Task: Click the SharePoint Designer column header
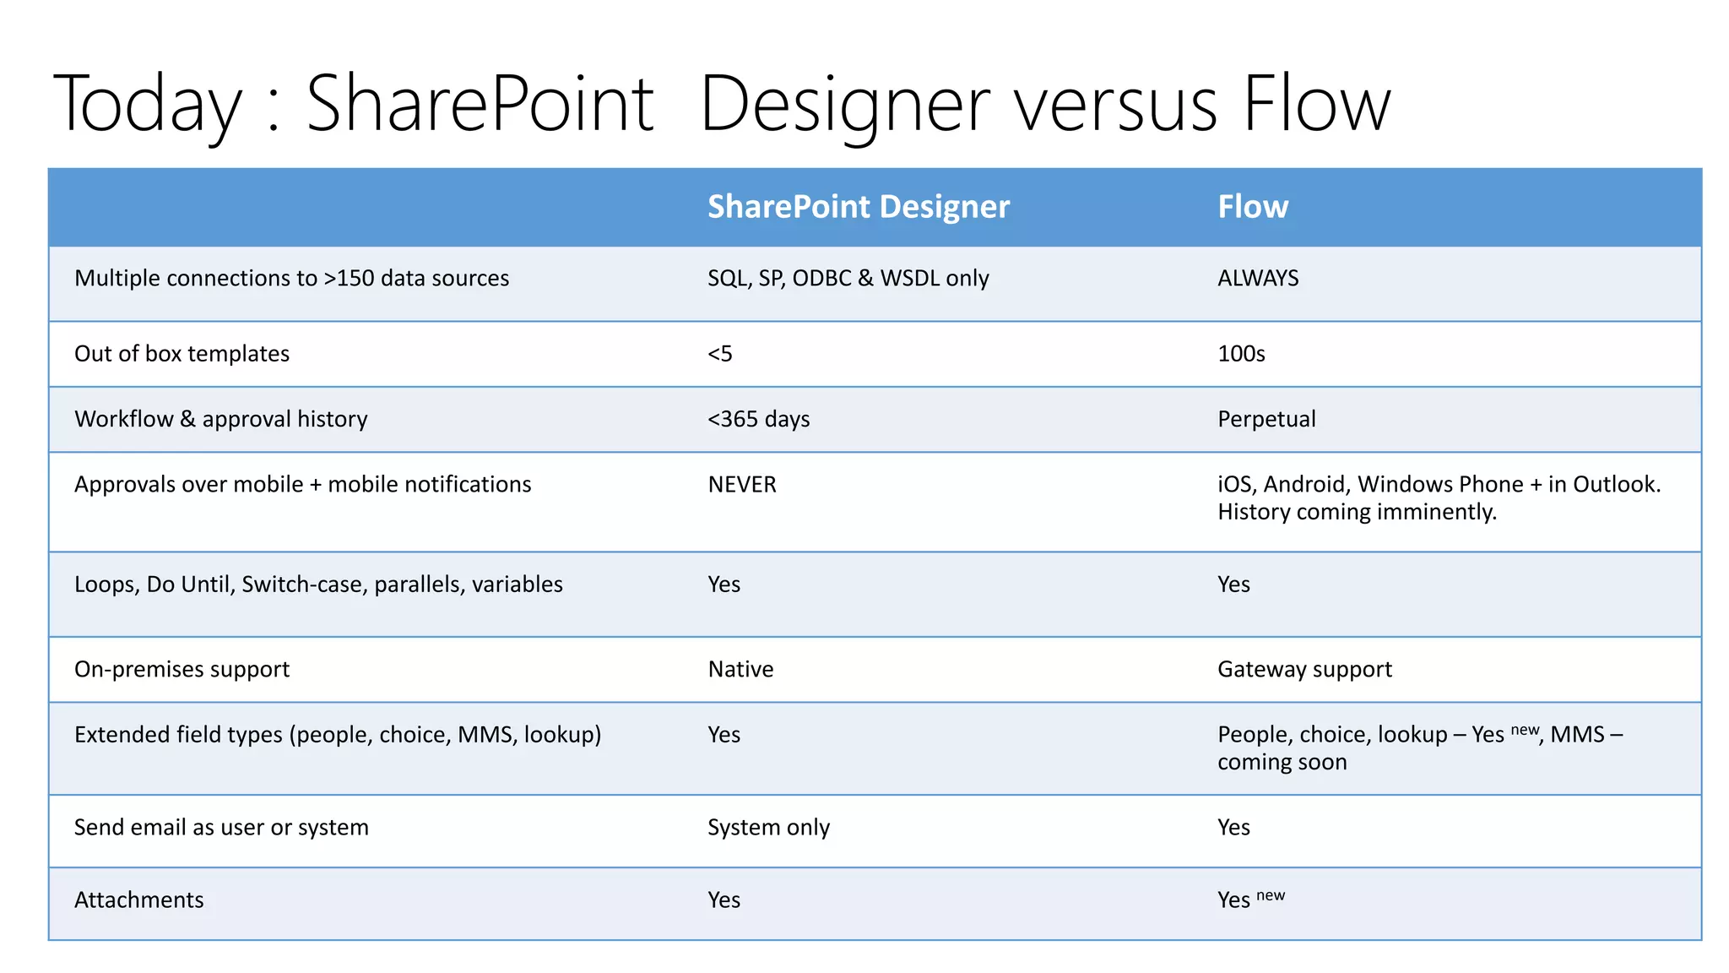858,207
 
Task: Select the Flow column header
1252,207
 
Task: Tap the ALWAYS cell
1257,279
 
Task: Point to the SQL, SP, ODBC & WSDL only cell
848,279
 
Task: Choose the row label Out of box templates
182,354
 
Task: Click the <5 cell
719,354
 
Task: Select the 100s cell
1240,354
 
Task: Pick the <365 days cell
758,420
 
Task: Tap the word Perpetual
1266,420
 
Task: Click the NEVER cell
741,485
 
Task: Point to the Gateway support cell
1304,670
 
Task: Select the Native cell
740,670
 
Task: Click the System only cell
768,828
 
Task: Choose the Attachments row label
139,900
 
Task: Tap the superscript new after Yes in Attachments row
1270,895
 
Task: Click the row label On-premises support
182,670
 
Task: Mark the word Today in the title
147,105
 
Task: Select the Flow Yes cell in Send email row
1233,828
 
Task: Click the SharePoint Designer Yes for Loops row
724,584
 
